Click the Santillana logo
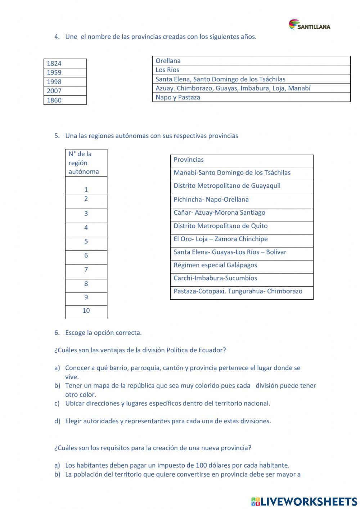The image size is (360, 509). click(309, 25)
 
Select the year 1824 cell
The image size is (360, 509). click(65, 63)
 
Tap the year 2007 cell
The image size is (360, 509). click(65, 91)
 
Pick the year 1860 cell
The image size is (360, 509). click(65, 100)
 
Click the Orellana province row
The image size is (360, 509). click(251, 61)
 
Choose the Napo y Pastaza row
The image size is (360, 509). click(251, 97)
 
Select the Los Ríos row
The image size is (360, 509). click(251, 70)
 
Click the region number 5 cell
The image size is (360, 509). click(86, 242)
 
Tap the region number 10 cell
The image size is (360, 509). click(86, 311)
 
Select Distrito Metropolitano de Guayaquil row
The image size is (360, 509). click(242, 186)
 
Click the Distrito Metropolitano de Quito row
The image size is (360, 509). click(242, 226)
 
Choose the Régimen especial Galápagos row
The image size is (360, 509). click(242, 265)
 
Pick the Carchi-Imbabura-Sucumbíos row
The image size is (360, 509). click(242, 278)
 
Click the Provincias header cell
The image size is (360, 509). click(242, 160)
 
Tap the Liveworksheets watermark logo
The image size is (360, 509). click(304, 501)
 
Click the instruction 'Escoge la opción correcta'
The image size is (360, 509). click(103, 333)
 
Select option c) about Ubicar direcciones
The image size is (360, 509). click(167, 403)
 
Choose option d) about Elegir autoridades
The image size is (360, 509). click(168, 421)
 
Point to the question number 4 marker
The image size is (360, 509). click(57, 37)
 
